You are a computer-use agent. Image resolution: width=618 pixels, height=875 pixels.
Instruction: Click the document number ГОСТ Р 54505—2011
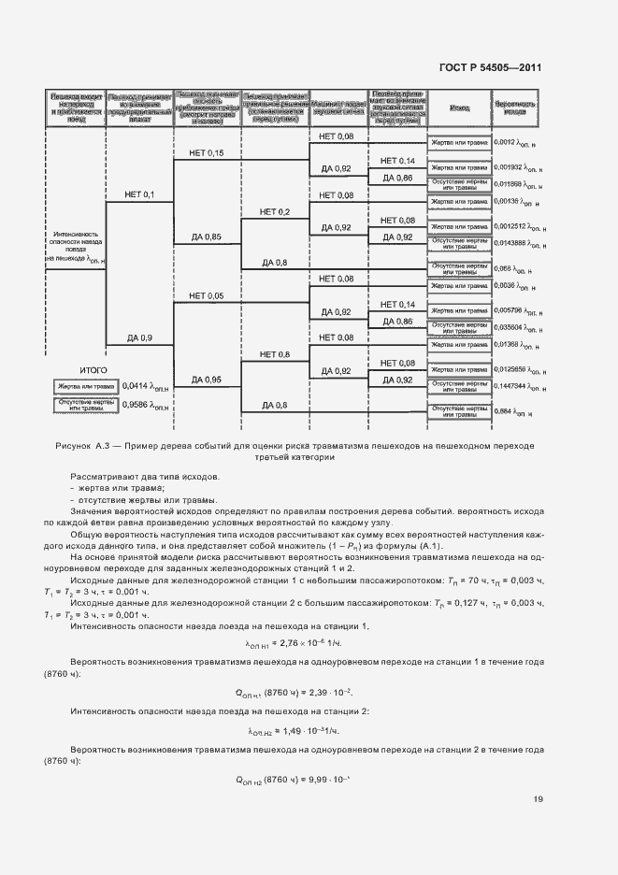tap(490, 68)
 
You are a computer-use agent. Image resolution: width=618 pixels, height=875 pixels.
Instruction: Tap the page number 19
tap(538, 798)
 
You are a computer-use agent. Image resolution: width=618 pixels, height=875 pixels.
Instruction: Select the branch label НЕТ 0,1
tap(137, 194)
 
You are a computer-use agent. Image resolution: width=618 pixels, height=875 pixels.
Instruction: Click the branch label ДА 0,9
tap(137, 337)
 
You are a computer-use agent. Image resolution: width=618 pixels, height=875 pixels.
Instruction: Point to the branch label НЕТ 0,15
tap(206, 152)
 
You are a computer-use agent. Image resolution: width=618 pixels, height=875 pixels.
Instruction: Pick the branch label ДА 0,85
tap(206, 237)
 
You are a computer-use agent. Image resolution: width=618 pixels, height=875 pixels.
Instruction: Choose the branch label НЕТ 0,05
tap(206, 295)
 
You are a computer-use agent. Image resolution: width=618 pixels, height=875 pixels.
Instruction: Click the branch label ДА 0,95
tap(206, 380)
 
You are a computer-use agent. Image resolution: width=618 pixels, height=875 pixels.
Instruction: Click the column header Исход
tap(458, 108)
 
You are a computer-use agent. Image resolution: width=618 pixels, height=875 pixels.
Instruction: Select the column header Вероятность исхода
tap(515, 108)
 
